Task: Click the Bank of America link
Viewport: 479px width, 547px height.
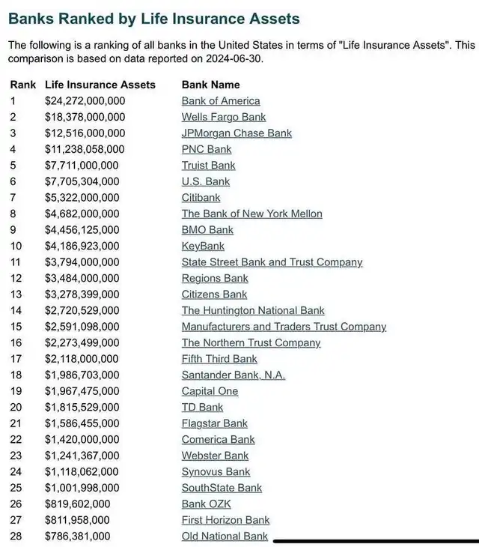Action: [221, 101]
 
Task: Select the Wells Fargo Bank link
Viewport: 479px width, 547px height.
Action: [224, 117]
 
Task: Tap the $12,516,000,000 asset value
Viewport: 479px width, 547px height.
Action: [85, 133]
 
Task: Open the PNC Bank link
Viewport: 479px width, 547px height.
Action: [207, 149]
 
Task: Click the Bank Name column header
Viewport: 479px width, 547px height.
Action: [211, 85]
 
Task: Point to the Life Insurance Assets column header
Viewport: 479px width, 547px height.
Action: [100, 85]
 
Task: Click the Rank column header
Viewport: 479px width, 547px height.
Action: [23, 85]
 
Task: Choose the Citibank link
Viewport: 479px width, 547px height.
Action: [201, 198]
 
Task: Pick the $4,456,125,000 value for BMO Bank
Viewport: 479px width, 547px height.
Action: [82, 230]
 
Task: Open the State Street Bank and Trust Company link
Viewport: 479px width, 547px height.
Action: [272, 262]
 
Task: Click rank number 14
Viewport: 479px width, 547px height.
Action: [16, 310]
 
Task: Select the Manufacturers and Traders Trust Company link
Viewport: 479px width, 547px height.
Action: [284, 327]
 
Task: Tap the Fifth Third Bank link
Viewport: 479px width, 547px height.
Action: [219, 359]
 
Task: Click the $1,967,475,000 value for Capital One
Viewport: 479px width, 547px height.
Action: [82, 391]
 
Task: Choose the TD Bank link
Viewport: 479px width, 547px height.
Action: [202, 407]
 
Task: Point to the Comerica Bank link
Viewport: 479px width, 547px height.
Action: [218, 439]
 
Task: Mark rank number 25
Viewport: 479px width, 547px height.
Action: [16, 488]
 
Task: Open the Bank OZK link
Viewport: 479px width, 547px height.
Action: [206, 504]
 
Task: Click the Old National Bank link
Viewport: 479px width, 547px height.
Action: [225, 536]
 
